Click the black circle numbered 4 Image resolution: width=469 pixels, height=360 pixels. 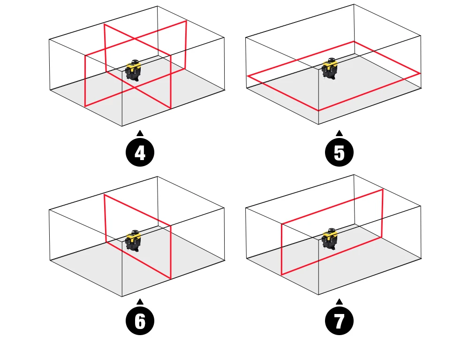(140, 153)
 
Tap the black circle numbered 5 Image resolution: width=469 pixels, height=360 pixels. (339, 153)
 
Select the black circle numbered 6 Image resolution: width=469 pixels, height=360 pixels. (140, 321)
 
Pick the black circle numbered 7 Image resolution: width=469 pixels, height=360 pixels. (339, 321)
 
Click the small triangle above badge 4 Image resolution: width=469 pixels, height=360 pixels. (140, 133)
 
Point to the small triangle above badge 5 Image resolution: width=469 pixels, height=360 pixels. (339, 133)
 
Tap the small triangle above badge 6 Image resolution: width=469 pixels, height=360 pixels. (140, 302)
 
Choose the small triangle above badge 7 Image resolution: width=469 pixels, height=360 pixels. (339, 302)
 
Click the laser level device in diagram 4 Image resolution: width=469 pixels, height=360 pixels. (133, 70)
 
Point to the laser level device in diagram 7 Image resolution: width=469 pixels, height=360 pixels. (330, 239)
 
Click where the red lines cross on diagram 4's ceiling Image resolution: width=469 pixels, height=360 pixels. (135, 38)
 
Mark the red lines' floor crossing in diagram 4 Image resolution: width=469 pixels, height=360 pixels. (133, 88)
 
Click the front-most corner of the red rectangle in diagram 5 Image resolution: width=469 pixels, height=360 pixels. (318, 110)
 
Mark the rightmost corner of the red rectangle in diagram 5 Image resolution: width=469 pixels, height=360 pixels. (420, 73)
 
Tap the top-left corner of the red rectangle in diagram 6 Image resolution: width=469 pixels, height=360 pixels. (105, 195)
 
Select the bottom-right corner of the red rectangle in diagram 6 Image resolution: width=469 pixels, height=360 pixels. (171, 278)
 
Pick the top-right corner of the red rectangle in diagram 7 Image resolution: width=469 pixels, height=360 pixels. (383, 190)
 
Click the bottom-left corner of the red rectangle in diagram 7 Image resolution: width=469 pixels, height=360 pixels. (282, 274)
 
